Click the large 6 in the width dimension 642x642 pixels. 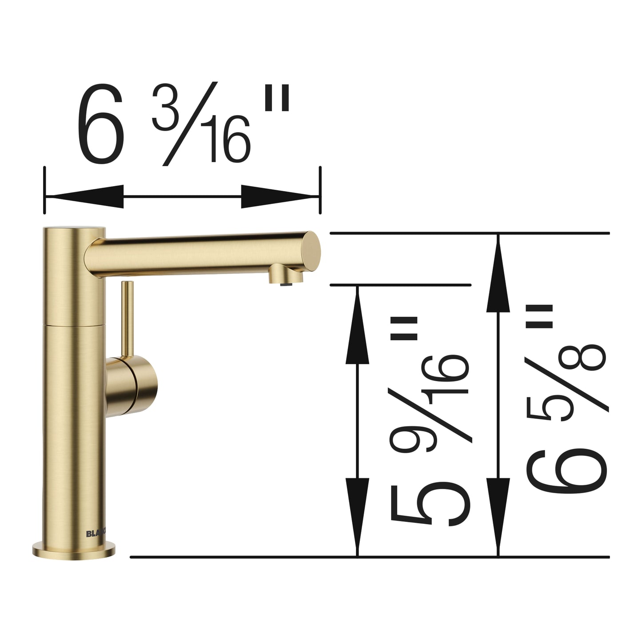coord(101,123)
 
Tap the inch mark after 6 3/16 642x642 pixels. coord(277,98)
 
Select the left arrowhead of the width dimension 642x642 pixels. coord(84,196)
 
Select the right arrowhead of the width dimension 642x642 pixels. coord(280,196)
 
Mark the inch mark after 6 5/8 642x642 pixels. coord(538,316)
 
